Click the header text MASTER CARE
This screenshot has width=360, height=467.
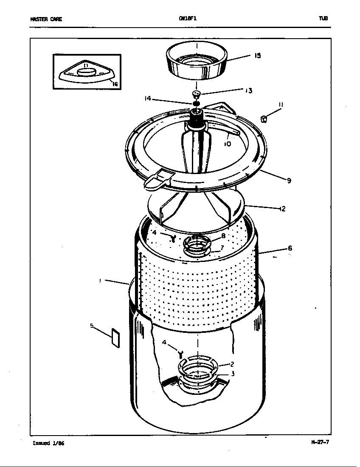[x=46, y=19]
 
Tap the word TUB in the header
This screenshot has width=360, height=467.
[x=323, y=19]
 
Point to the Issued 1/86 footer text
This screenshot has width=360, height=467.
[x=48, y=444]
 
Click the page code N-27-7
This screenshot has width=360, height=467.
[x=320, y=442]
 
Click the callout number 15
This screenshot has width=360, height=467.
[x=258, y=56]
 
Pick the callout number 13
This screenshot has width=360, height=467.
[x=248, y=90]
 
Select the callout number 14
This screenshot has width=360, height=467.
[x=147, y=98]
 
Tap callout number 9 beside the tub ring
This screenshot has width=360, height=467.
[x=289, y=181]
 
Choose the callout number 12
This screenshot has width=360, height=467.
[x=282, y=209]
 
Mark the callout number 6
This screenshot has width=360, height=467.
[x=290, y=248]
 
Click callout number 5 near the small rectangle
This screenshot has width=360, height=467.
[x=92, y=326]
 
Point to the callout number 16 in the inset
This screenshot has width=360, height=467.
[x=115, y=84]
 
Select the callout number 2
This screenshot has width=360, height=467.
[x=232, y=364]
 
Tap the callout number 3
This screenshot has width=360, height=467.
[x=233, y=374]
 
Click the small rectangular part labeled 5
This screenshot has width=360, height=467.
[x=115, y=338]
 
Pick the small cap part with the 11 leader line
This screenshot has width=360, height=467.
[x=264, y=119]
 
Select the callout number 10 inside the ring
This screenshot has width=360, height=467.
[x=228, y=144]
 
